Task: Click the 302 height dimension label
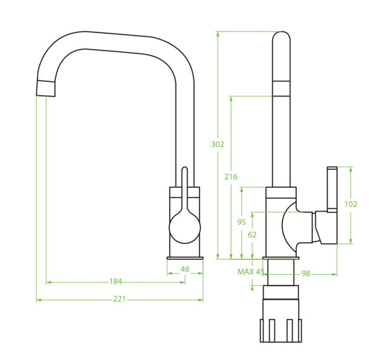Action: click(x=218, y=144)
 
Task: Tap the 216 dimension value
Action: click(x=231, y=176)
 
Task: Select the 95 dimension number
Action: click(x=241, y=222)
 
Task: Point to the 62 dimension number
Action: click(x=252, y=234)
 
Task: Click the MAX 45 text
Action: click(x=251, y=272)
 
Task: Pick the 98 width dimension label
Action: click(x=306, y=274)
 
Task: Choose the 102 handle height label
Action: click(x=351, y=204)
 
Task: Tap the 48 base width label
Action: click(x=185, y=269)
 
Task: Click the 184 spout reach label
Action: click(x=115, y=281)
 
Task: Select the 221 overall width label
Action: click(x=119, y=299)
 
